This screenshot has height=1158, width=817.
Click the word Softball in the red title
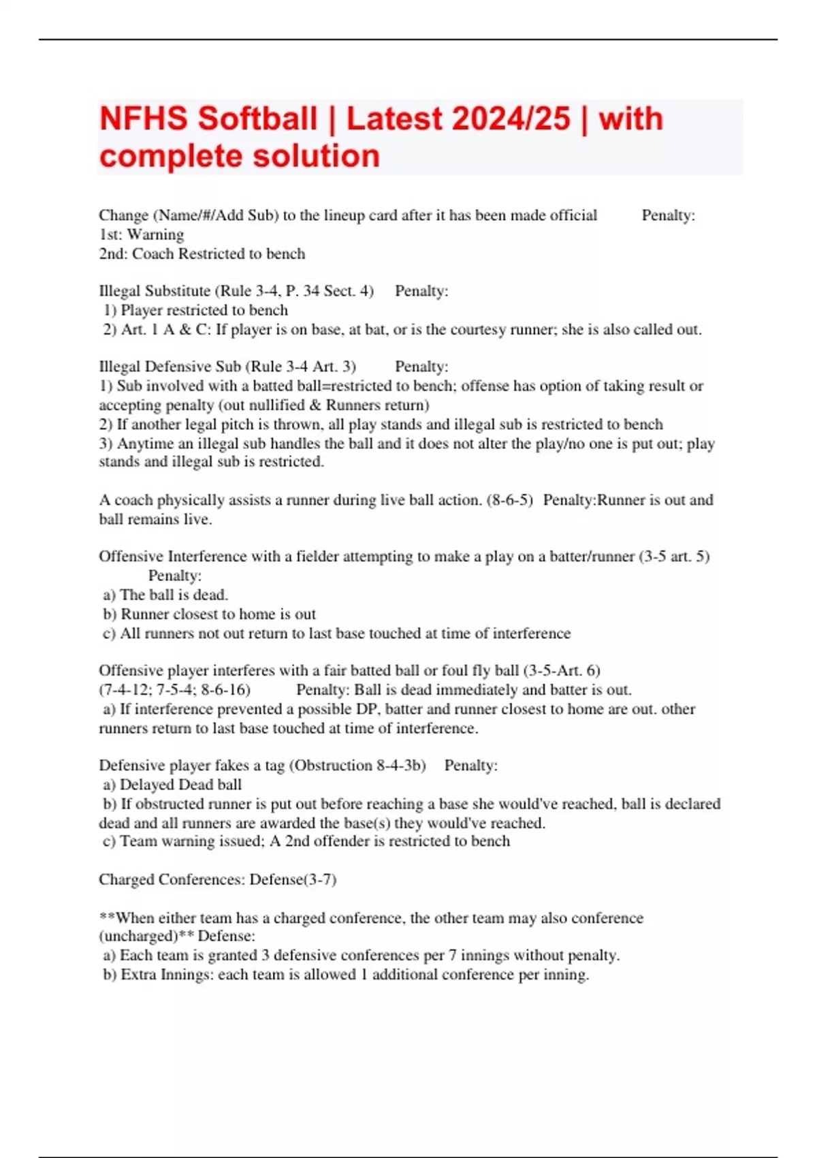257,119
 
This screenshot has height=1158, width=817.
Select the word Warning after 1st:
155,234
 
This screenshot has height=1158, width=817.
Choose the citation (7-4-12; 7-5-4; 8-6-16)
174,690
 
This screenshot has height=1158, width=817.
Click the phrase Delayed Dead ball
180,785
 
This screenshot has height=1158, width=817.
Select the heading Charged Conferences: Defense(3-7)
218,879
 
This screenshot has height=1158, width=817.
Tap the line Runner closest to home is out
218,614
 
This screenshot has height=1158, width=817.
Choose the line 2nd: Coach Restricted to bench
202,254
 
